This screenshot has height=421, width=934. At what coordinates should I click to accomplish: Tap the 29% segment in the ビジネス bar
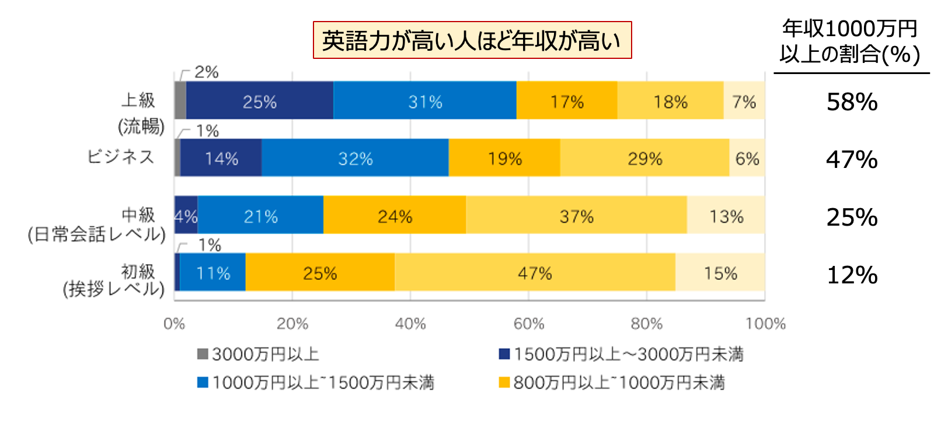point(644,158)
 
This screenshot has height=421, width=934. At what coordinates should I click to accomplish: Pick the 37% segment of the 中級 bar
point(576,216)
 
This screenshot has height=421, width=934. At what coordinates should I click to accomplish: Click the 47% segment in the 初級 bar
point(535,272)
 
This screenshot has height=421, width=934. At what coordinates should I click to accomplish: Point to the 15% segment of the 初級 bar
point(720,272)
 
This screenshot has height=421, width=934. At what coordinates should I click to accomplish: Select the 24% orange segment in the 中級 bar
point(395,216)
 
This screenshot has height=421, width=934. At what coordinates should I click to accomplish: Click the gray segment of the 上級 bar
point(180,101)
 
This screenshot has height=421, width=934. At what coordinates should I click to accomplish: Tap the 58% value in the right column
point(852,102)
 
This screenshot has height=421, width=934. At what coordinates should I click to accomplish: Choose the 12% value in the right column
point(852,275)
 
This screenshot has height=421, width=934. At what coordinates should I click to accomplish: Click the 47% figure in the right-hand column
point(852,160)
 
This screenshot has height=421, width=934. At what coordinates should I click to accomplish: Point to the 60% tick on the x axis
point(529,324)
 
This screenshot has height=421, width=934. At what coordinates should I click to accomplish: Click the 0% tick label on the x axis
point(174,324)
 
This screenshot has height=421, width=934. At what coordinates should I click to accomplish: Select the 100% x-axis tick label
point(765,324)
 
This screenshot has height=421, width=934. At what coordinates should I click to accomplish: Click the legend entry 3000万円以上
point(259,354)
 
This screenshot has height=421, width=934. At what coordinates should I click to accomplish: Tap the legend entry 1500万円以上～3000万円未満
point(621,354)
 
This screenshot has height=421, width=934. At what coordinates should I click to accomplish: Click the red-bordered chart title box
point(472,40)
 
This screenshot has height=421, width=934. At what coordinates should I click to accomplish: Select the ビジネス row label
point(121,156)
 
